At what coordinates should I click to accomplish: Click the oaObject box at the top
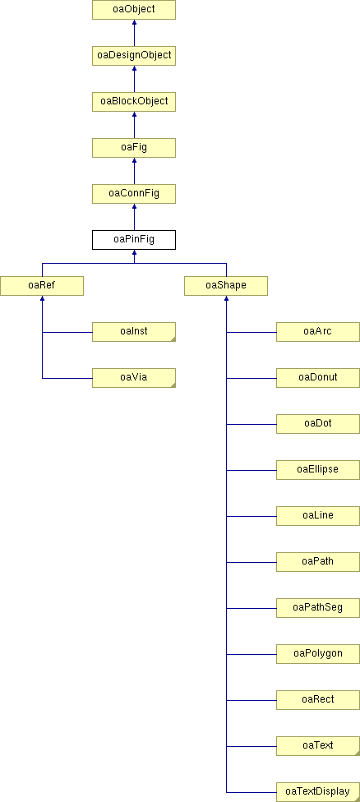coord(133,10)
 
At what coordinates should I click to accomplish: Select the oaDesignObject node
coord(133,56)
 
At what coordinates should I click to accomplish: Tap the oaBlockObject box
coord(133,102)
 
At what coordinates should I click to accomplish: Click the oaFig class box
coord(133,148)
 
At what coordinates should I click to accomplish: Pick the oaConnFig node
coord(133,194)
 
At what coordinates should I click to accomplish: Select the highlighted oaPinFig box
coord(133,240)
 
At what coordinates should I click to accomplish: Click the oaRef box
coord(41,286)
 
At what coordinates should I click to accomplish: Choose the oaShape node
coord(226,286)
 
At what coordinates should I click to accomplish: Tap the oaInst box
coord(133,332)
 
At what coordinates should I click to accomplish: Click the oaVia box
coord(133,378)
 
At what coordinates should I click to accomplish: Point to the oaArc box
coord(317,332)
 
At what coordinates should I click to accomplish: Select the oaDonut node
coord(317,378)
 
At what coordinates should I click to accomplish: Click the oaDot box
coord(317,424)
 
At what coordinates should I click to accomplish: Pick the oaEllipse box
coord(317,470)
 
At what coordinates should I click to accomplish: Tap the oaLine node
coord(317,516)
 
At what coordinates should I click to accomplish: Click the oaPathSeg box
coord(317,608)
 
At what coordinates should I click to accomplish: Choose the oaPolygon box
coord(317,654)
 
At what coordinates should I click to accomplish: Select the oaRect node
coord(317,700)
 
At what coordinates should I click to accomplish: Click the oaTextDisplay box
coord(317,792)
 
